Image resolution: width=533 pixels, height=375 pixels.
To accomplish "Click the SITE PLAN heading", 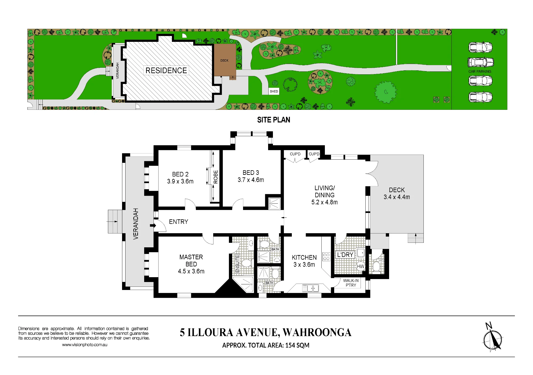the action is [274, 120].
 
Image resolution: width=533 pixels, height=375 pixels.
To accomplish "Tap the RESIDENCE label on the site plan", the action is [166, 70].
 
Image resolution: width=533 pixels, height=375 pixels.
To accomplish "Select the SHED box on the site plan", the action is [274, 91].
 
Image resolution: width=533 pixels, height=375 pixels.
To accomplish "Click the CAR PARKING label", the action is [480, 71].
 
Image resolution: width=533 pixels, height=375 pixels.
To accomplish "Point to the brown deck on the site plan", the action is [225, 60].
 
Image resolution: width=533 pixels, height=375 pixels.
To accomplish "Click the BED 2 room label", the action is [180, 174].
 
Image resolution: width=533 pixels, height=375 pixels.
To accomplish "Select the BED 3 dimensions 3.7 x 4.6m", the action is [251, 180].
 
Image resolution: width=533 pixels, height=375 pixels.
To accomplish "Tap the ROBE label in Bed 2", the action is [216, 177].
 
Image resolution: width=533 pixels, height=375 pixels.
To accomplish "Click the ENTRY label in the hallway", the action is [179, 222].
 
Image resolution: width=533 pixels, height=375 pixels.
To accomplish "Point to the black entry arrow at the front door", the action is [153, 225].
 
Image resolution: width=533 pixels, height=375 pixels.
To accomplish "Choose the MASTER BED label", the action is [191, 261].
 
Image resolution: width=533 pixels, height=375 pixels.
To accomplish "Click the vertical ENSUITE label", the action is [237, 264].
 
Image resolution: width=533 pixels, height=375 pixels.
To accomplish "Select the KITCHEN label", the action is [304, 257].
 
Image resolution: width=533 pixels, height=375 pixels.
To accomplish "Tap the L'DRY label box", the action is [345, 255].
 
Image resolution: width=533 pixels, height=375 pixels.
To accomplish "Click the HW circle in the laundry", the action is [361, 266].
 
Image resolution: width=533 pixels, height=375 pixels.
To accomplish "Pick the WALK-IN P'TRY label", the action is [351, 283].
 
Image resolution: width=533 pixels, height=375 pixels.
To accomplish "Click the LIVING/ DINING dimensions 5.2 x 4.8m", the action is [324, 202].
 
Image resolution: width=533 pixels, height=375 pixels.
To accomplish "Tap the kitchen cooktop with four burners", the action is [326, 257].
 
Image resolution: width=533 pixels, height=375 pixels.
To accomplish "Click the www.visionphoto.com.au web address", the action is [85, 345].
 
